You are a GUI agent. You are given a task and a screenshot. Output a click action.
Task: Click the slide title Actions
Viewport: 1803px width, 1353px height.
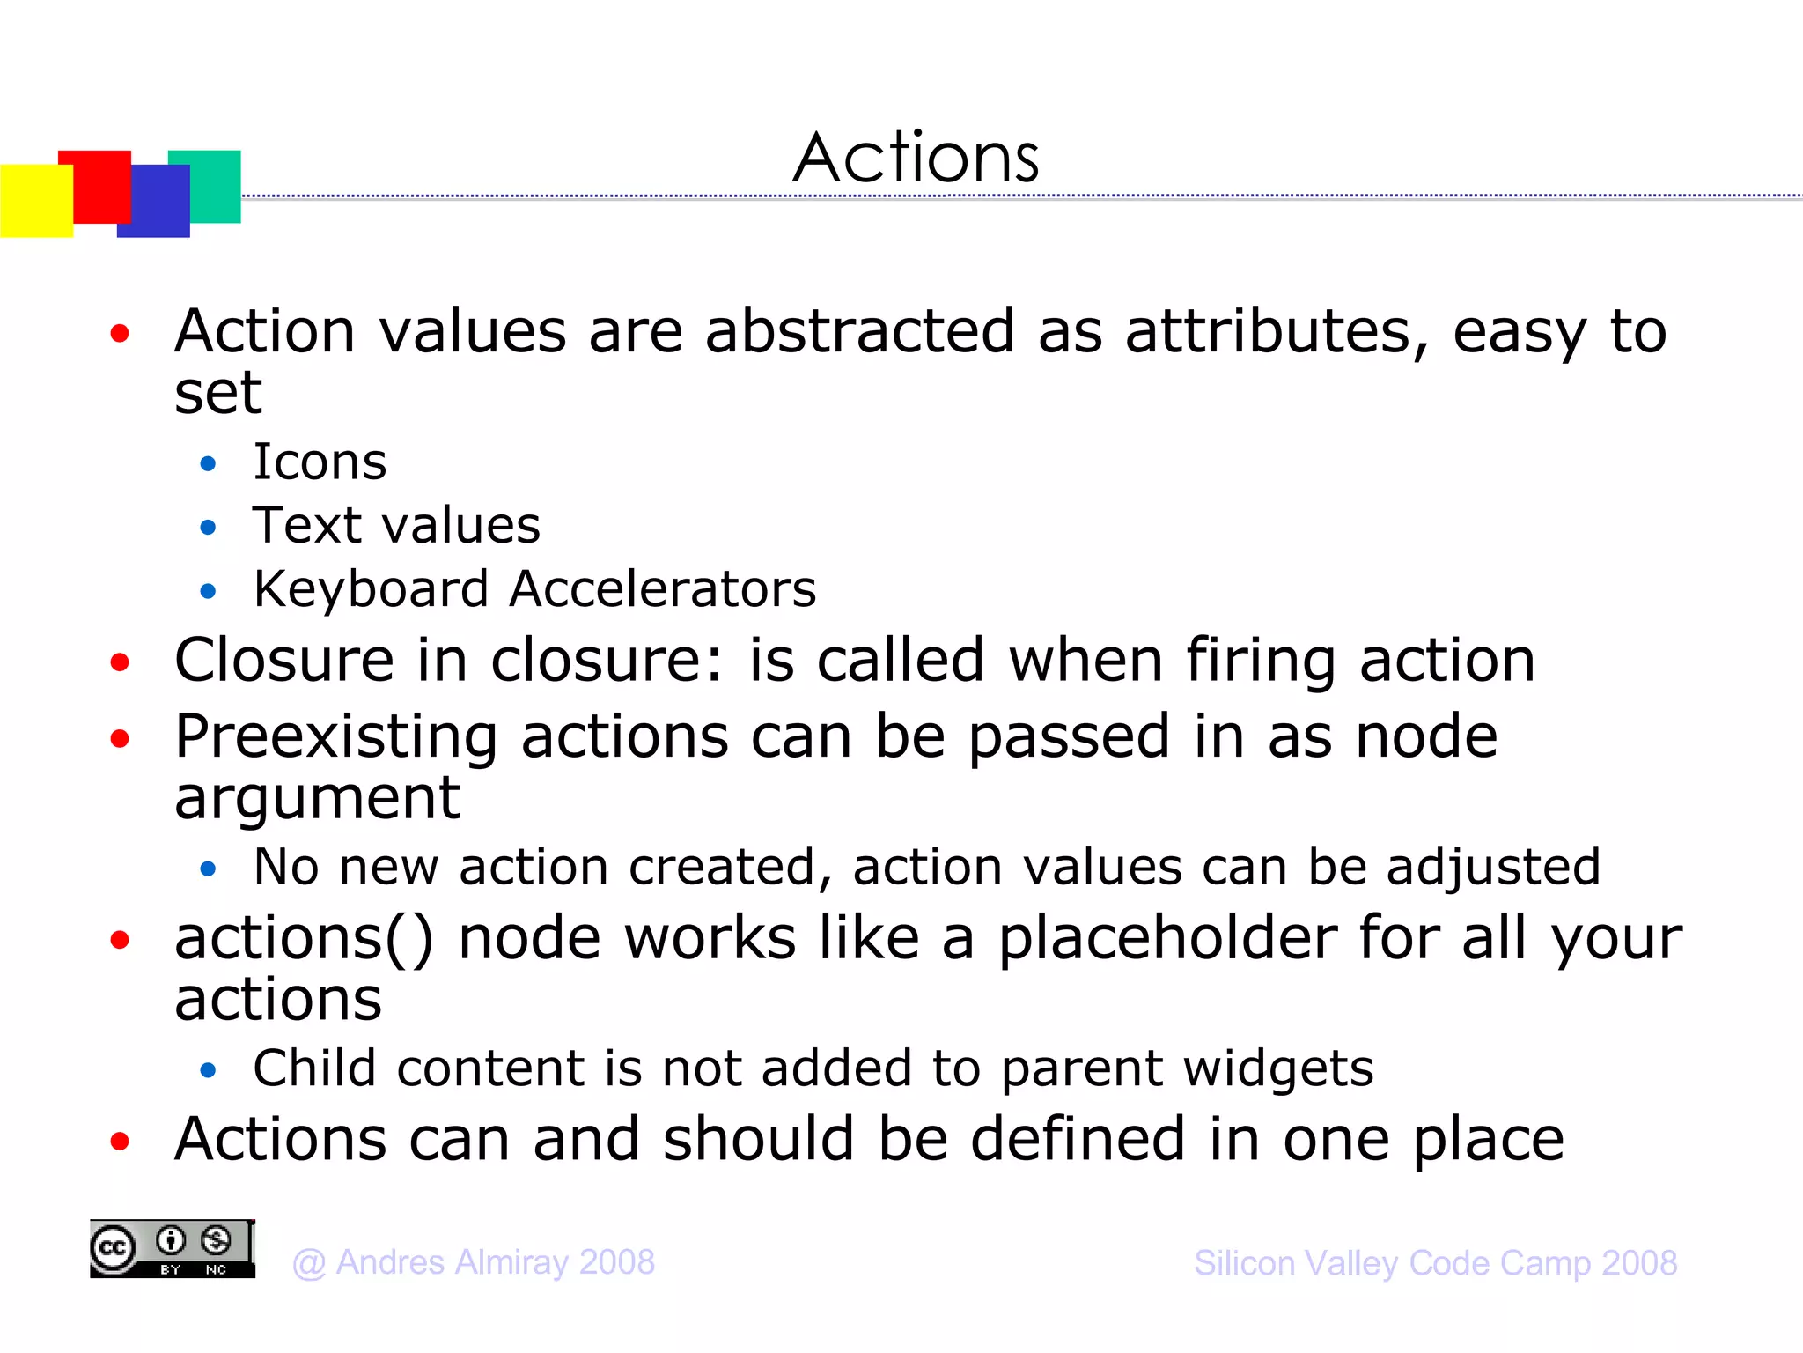(x=916, y=159)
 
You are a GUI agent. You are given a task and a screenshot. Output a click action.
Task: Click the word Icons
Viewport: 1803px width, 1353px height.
(x=320, y=462)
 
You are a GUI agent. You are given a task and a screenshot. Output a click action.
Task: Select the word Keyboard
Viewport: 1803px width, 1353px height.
(x=371, y=589)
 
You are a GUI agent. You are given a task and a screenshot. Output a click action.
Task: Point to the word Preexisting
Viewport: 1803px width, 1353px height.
(x=336, y=738)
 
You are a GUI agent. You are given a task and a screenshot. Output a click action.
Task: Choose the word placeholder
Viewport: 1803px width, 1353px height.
(x=1167, y=939)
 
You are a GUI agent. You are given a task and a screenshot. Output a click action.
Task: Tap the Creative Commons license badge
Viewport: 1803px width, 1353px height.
(x=173, y=1249)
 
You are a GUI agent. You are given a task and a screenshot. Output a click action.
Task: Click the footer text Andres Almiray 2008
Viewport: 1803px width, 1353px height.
(x=474, y=1262)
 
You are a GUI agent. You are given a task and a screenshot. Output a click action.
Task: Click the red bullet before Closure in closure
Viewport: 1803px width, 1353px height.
(x=120, y=662)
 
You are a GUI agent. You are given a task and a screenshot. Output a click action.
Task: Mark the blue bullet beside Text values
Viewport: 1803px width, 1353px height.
(x=208, y=528)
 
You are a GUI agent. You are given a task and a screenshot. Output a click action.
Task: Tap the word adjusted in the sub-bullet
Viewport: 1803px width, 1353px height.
(x=1493, y=868)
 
